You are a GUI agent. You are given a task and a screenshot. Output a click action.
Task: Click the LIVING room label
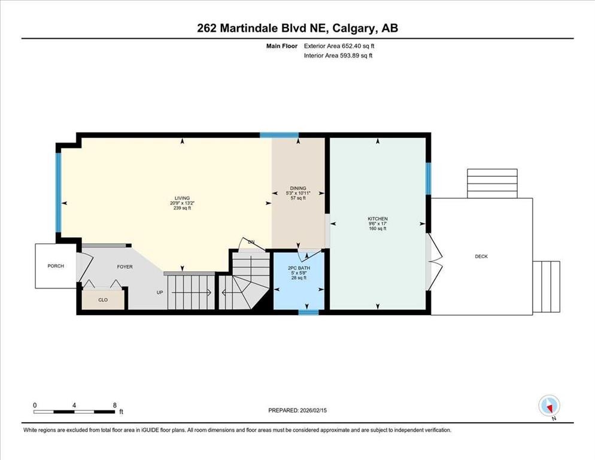[x=182, y=198]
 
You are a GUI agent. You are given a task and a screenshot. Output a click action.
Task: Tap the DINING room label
[x=298, y=188]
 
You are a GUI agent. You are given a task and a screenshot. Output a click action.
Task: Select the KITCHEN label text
[x=378, y=219]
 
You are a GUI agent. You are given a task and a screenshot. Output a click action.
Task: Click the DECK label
[x=481, y=256]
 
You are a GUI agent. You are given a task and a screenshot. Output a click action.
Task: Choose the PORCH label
[x=55, y=266]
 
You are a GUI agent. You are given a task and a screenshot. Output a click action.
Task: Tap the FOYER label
[x=125, y=267]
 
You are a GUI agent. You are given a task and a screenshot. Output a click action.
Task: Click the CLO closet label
[x=103, y=299]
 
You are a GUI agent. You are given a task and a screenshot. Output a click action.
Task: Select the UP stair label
[x=159, y=293]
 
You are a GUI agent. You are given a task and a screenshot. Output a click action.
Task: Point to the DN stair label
[x=251, y=241]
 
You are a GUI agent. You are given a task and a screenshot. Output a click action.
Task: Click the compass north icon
[x=549, y=406]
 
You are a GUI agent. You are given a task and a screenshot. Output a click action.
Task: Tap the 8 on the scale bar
[x=114, y=405]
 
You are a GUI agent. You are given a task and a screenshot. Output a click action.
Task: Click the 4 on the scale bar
[x=74, y=405]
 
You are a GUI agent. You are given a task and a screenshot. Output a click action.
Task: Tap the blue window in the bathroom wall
[x=308, y=312]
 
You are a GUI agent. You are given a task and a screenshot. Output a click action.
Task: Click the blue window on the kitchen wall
[x=429, y=178]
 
